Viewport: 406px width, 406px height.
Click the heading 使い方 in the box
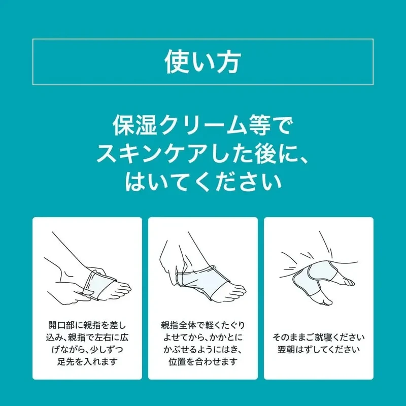[202, 62]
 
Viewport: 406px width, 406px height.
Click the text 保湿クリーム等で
[202, 125]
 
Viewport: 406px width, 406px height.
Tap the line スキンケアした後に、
[202, 153]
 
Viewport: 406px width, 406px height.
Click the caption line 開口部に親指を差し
[87, 325]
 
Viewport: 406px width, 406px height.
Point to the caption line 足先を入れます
[87, 361]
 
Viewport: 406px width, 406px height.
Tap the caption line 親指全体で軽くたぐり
[202, 325]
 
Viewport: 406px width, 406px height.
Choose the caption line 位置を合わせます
[202, 361]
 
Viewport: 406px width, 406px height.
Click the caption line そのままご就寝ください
[319, 337]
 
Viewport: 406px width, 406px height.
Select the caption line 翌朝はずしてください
[319, 350]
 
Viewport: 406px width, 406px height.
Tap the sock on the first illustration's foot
[98, 285]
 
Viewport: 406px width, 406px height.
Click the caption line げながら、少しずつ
[87, 350]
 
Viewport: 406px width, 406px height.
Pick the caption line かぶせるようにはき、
[202, 350]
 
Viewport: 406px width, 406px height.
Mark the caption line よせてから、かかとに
[202, 337]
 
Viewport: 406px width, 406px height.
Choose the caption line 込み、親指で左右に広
[87, 337]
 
